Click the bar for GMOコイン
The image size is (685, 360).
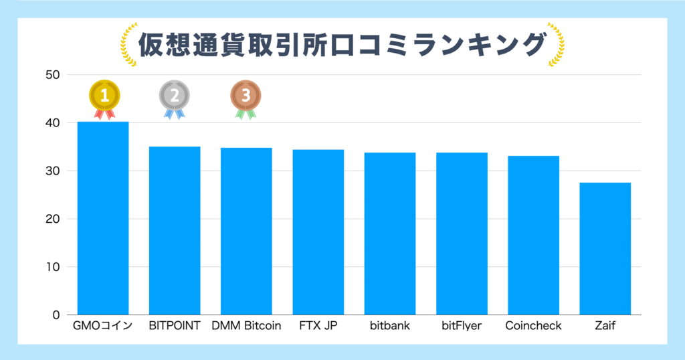103,217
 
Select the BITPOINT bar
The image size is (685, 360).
175,230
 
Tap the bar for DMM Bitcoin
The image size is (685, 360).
246,231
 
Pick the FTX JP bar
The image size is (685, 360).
318,232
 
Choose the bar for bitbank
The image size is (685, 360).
390,233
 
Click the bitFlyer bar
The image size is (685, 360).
462,233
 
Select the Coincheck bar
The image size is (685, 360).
533,235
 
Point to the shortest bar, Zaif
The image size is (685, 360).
605,248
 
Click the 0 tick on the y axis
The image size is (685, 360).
56,315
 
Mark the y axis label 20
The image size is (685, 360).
53,219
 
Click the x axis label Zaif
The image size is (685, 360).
605,327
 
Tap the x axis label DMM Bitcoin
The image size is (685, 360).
246,327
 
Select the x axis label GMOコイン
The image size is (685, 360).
103,327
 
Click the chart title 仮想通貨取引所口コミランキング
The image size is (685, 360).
341,46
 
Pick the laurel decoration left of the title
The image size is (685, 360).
128,46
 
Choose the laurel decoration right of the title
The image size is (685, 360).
556,46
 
